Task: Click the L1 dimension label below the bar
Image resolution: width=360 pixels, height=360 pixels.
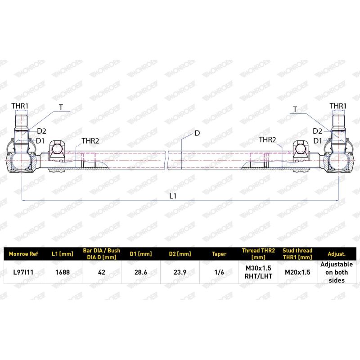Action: pyautogui.click(x=173, y=196)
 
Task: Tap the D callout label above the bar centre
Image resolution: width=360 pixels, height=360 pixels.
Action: pyautogui.click(x=197, y=133)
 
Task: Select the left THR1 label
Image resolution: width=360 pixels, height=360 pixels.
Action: pyautogui.click(x=20, y=106)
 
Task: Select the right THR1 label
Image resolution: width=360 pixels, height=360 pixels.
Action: pyautogui.click(x=338, y=106)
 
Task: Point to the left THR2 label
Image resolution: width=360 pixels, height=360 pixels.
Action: pyautogui.click(x=90, y=141)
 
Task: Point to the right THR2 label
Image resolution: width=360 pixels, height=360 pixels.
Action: pyautogui.click(x=267, y=139)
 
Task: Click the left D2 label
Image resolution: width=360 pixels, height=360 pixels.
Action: pyautogui.click(x=41, y=131)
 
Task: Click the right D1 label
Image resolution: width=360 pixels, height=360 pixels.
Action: pyautogui.click(x=318, y=141)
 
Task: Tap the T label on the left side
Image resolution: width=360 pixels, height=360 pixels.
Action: pyautogui.click(x=61, y=107)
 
